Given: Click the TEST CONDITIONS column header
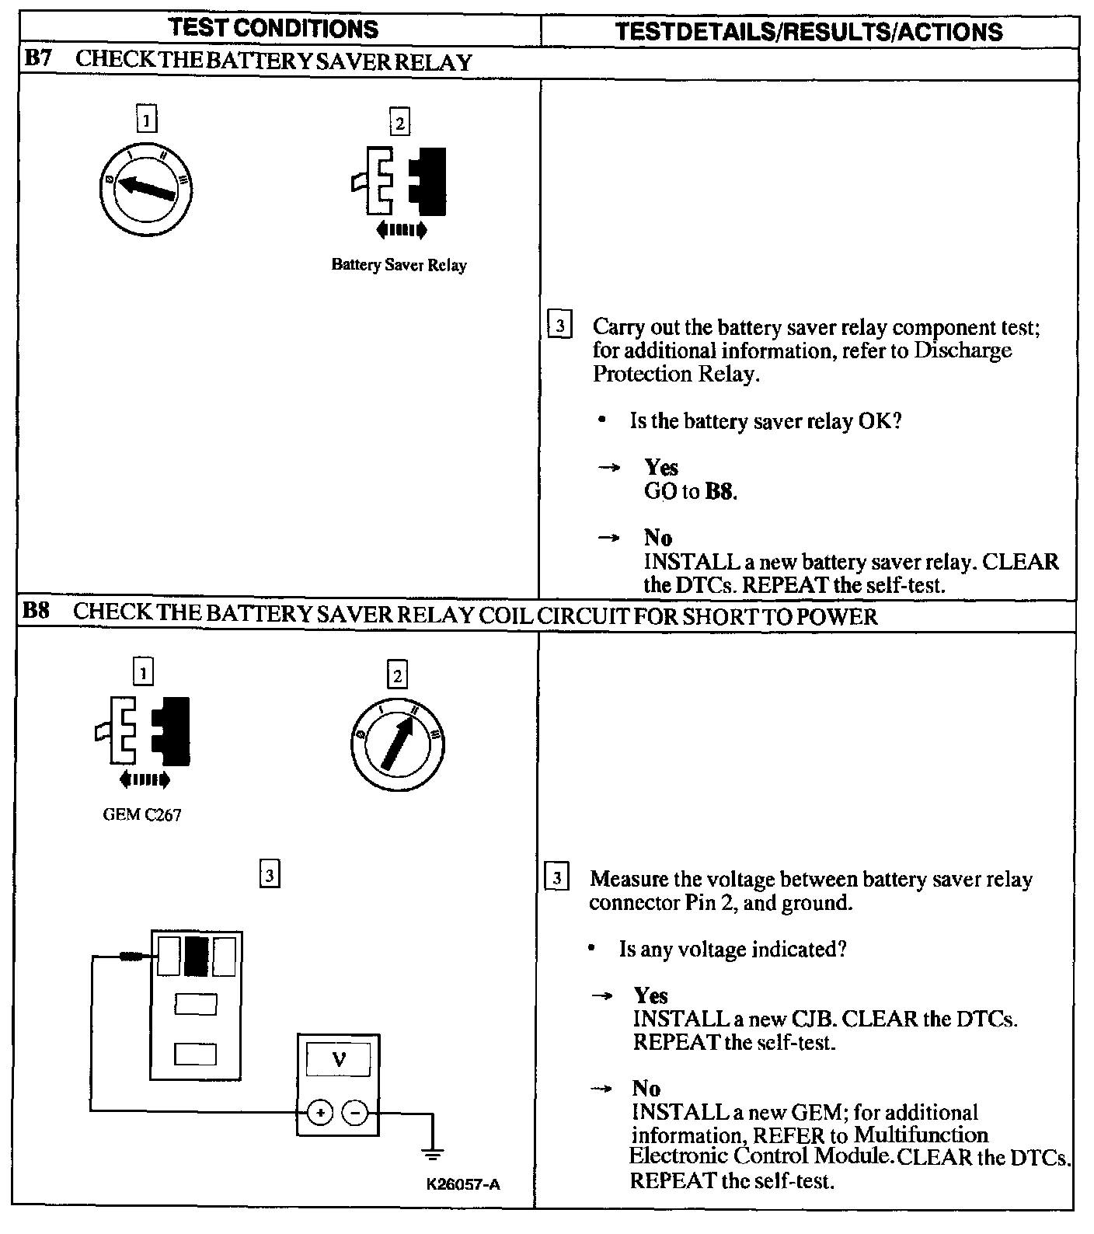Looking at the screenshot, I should [273, 29].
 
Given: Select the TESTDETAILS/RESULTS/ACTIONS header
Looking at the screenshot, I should [808, 31].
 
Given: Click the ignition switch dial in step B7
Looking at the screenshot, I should [146, 187].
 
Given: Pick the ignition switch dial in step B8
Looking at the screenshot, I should [397, 744].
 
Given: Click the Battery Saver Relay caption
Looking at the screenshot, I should [399, 265].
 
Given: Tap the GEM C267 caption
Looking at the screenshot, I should [141, 815].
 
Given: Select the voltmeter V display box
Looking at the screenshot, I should [338, 1059].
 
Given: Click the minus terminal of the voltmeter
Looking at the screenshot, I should [355, 1113].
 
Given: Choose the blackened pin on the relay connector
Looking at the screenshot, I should [197, 957].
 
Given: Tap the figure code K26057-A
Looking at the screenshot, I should [462, 1184].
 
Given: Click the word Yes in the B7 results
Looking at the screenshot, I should [661, 467].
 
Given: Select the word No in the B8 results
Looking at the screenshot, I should [646, 1088].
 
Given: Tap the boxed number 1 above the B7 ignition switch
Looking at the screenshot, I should [146, 120].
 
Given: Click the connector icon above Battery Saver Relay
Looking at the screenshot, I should [399, 183].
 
